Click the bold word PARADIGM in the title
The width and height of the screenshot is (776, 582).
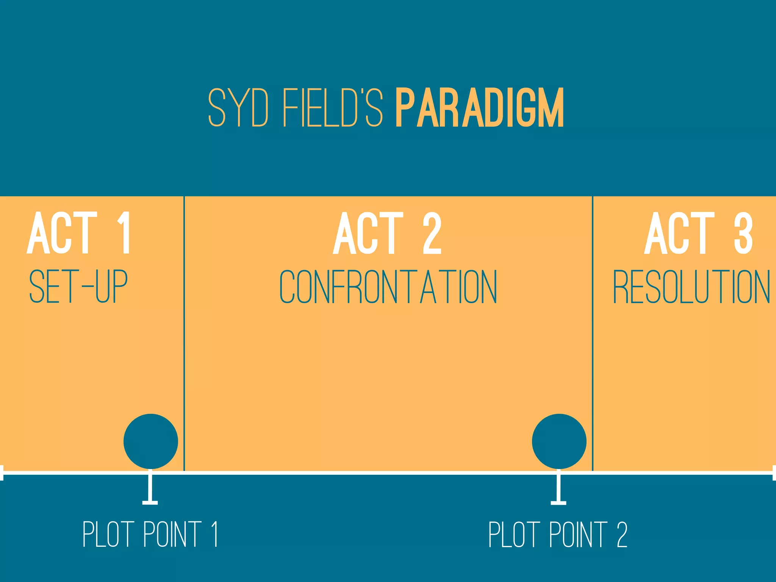point(480,108)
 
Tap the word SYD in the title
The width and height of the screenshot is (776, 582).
point(239,108)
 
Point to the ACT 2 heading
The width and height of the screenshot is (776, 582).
point(387,233)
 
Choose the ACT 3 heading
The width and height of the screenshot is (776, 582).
point(698,233)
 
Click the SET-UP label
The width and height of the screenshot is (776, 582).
point(78,286)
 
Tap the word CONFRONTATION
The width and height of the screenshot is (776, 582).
point(388,286)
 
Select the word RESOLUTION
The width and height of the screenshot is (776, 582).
point(692,286)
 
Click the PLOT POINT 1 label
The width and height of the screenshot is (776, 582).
point(150,534)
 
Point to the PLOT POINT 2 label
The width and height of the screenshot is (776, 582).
point(558,534)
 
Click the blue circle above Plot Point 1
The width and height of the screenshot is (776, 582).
point(151,441)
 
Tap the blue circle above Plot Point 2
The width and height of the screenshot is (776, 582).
point(559,441)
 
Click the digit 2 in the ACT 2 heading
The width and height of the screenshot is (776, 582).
point(432,233)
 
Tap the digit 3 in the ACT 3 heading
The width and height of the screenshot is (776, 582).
point(743,233)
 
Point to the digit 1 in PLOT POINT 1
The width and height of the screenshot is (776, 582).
point(215,534)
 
